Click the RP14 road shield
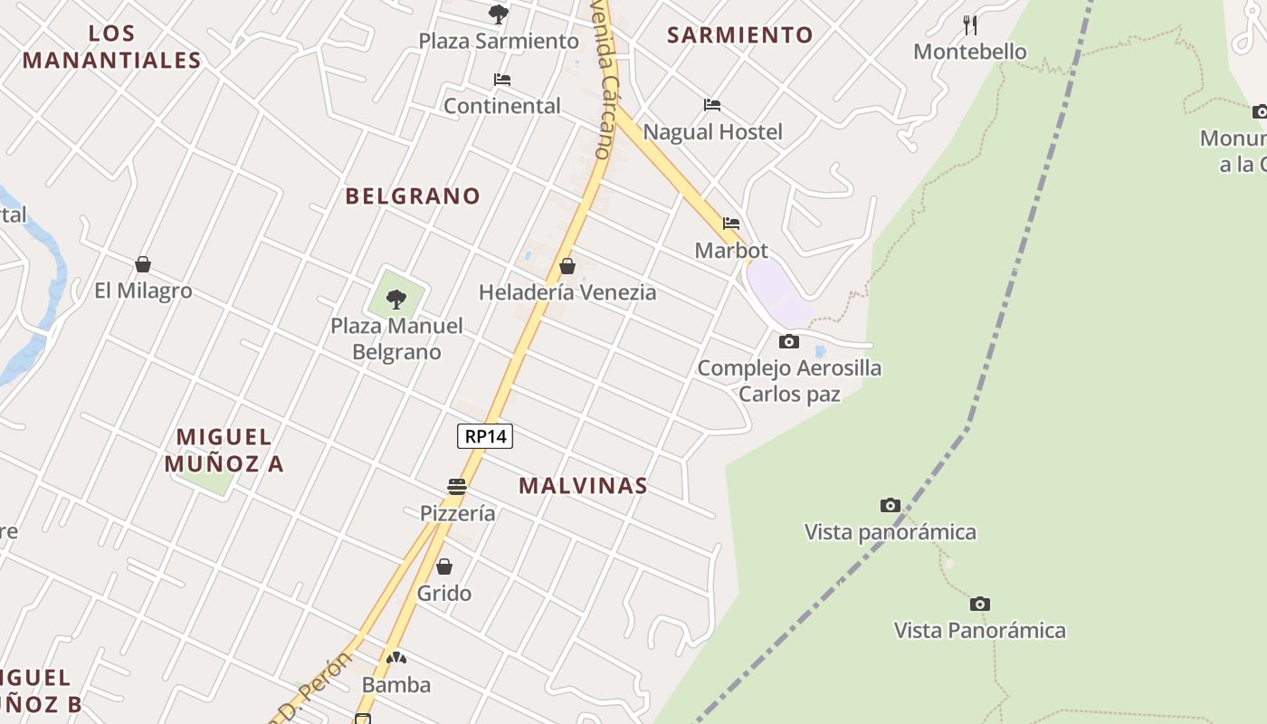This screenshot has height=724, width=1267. click(x=485, y=436)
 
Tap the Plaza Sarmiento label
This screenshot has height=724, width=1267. click(x=499, y=41)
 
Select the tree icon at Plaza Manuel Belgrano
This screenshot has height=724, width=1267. click(x=395, y=299)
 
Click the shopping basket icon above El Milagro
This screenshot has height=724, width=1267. click(x=143, y=264)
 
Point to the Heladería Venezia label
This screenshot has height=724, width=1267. click(x=567, y=292)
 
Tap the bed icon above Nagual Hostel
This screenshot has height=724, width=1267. click(x=712, y=105)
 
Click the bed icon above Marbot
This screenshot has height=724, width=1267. click(x=731, y=224)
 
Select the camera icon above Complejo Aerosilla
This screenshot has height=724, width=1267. click(x=789, y=342)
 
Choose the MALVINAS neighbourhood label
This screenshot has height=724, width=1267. click(x=583, y=486)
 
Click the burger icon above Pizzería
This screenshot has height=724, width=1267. click(x=457, y=487)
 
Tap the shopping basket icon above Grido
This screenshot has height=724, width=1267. click(x=444, y=567)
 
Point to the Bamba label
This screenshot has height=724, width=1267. click(x=396, y=685)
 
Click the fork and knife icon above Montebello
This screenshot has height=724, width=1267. click(x=970, y=24)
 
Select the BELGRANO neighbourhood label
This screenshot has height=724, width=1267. click(x=413, y=195)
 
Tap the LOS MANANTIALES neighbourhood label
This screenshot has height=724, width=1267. click(x=112, y=47)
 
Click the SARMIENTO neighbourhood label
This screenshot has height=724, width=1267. click(x=740, y=35)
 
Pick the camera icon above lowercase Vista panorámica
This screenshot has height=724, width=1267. click(x=891, y=506)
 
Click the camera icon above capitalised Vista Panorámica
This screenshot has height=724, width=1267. click(x=980, y=605)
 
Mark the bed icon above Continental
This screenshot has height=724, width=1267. click(x=502, y=80)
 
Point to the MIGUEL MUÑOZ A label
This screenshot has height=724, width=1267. click(x=224, y=451)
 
